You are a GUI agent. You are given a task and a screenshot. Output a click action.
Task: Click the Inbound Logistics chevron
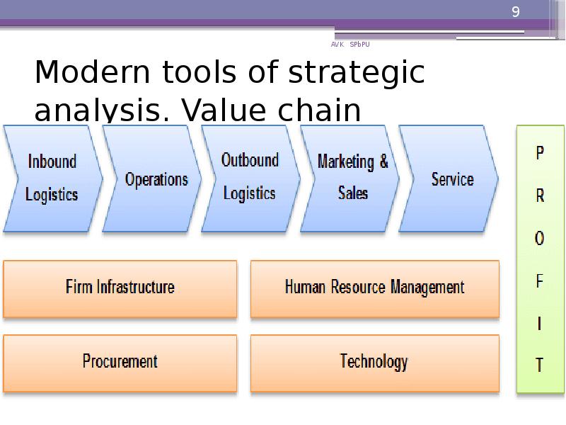coord(52,178)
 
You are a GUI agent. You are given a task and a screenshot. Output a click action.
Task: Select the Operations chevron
coord(156,179)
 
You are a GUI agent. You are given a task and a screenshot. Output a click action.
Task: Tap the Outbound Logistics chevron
coord(250,177)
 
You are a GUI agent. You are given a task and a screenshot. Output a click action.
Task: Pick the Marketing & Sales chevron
coord(352,177)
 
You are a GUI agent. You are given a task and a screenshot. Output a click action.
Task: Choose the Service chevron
coord(451,179)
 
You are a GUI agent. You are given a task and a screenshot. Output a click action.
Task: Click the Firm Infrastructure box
coord(120,288)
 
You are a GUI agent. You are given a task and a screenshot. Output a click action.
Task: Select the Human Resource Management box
coord(374,288)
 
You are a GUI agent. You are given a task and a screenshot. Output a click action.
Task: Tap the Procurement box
coord(120,361)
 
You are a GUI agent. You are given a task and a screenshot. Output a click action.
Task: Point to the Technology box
coord(374,361)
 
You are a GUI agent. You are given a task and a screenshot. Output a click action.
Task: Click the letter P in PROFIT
coord(540,153)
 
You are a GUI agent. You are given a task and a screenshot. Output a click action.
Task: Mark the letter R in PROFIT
coord(540,196)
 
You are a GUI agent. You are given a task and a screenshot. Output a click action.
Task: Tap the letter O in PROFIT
coord(540,239)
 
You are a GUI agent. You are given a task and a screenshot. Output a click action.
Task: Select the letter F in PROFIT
coord(540,281)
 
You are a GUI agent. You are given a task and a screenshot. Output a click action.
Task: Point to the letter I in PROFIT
coord(540,324)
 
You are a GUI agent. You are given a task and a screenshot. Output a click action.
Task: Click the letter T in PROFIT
coord(540,365)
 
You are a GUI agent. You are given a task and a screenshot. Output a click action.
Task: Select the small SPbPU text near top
coord(359,45)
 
